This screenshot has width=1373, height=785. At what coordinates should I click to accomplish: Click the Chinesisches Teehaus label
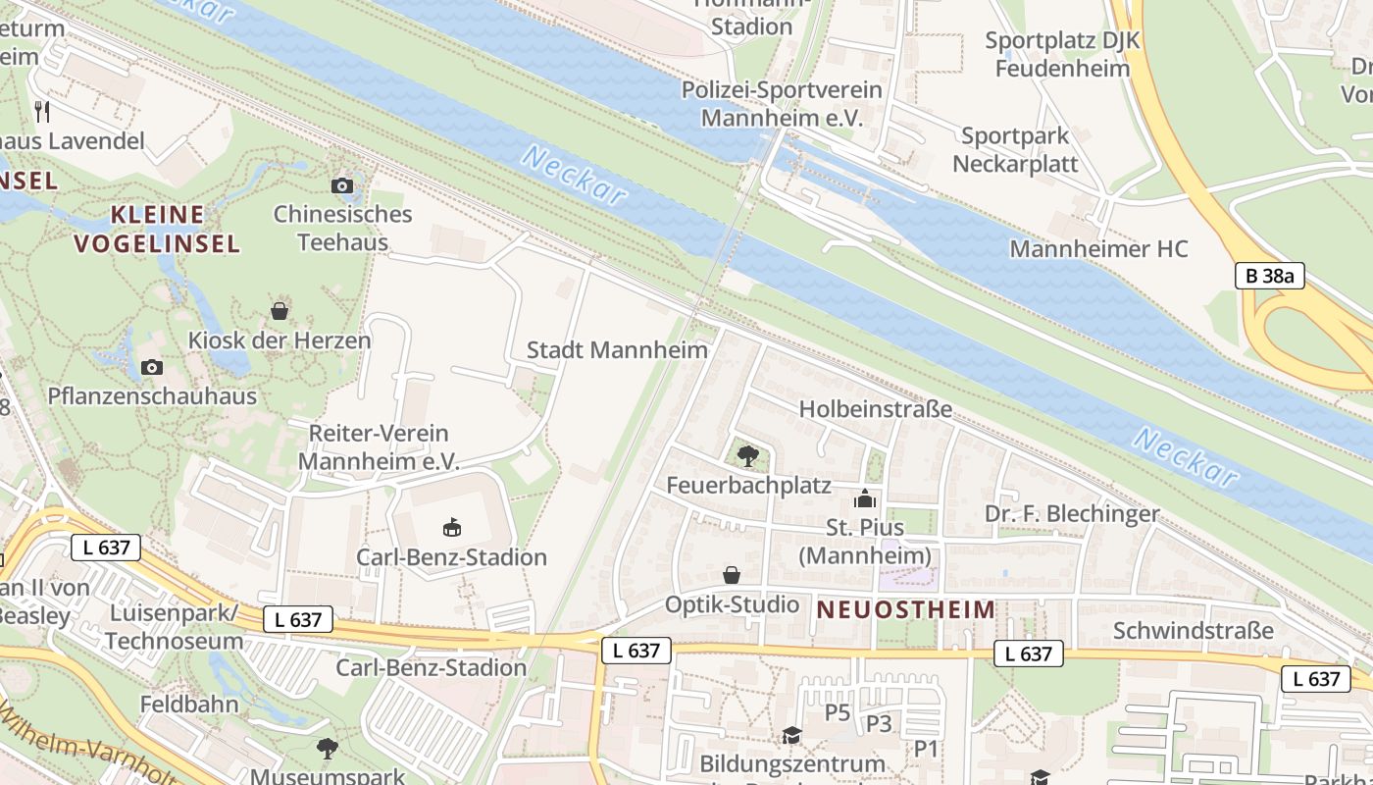click(342, 228)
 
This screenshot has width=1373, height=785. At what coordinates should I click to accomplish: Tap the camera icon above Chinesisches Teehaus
click(342, 185)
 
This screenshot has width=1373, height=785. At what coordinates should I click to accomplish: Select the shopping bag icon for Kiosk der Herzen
click(280, 311)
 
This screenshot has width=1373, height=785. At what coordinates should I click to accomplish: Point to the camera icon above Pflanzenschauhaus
click(152, 367)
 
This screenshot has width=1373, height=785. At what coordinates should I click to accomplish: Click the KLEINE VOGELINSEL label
click(157, 229)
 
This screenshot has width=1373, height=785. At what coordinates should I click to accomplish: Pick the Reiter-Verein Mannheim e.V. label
click(378, 446)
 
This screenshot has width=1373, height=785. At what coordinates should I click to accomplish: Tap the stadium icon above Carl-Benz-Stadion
click(451, 528)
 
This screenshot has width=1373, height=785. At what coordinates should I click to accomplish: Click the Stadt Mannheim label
click(617, 350)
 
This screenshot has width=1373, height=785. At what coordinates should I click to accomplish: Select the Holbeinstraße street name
click(876, 409)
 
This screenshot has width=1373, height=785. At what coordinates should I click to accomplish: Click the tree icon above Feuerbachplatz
click(747, 455)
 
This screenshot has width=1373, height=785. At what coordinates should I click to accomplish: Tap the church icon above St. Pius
click(864, 499)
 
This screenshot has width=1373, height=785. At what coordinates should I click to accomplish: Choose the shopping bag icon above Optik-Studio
click(732, 575)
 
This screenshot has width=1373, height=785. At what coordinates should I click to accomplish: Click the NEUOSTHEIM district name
click(906, 609)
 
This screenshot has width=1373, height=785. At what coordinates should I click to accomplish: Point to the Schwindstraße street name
click(1194, 630)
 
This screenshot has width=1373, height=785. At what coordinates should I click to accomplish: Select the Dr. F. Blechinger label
click(1072, 513)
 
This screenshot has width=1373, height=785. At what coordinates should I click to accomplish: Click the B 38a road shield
click(1270, 276)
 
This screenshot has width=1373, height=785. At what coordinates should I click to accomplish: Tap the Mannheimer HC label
click(1098, 249)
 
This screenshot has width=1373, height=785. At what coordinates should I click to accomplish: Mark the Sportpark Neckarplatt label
click(1015, 150)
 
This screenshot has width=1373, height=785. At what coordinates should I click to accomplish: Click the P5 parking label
click(838, 712)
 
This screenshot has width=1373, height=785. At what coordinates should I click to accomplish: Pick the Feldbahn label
click(189, 704)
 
